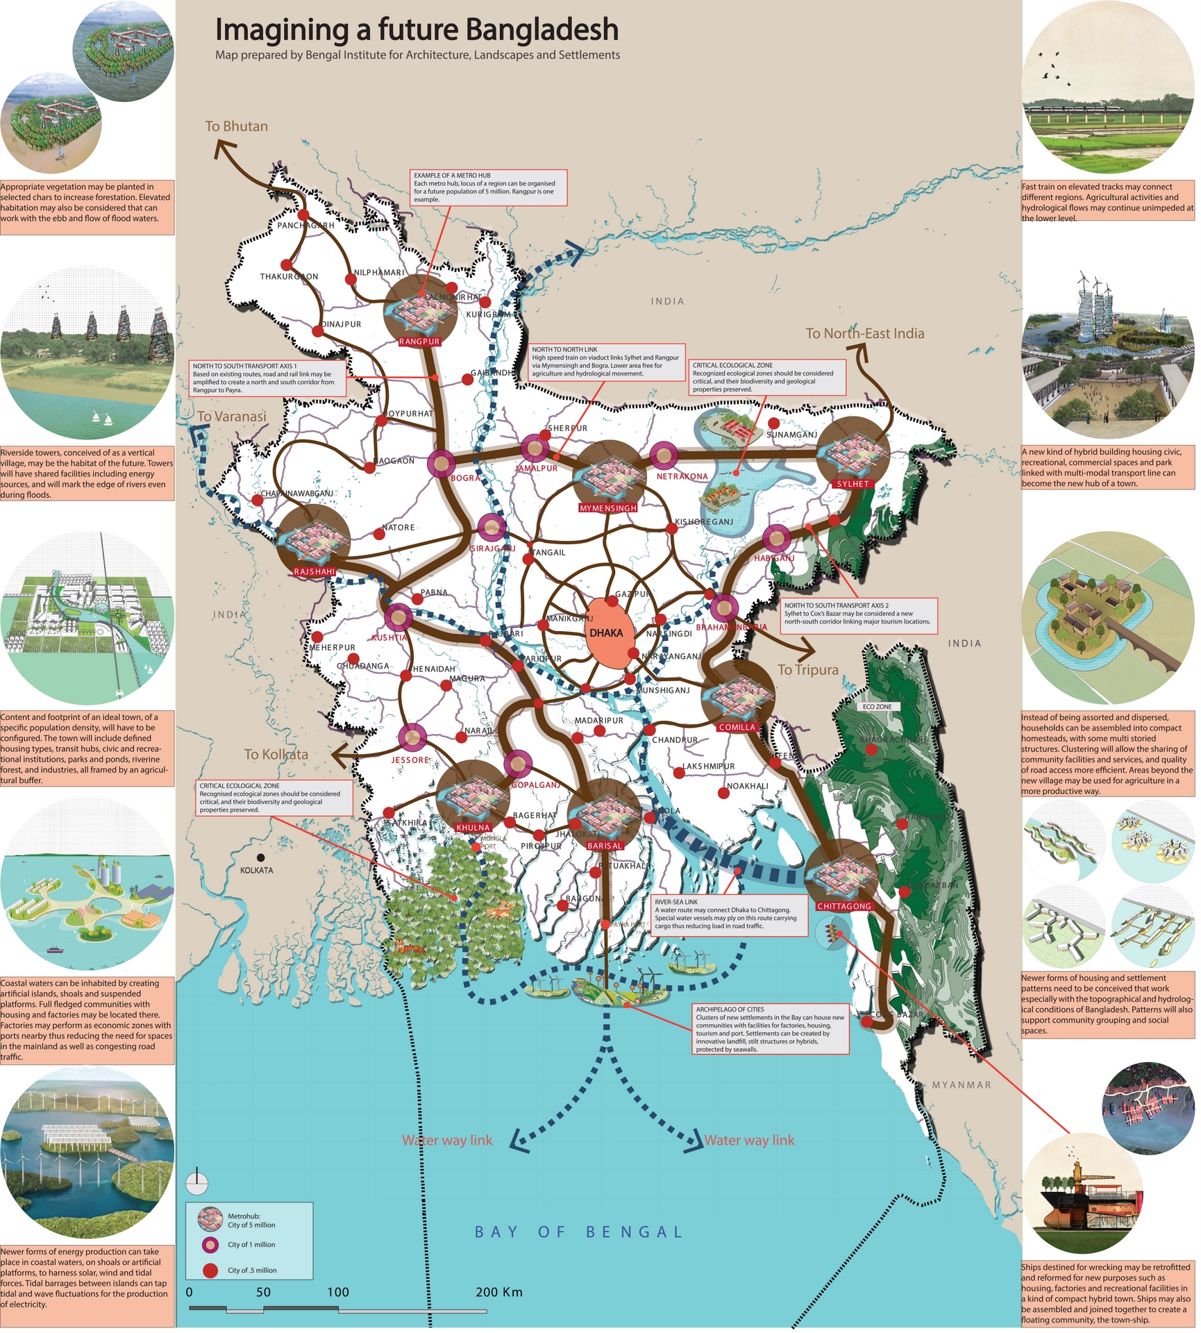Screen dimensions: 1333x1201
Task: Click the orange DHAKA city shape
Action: click(x=606, y=632)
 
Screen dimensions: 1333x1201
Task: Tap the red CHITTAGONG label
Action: click(x=843, y=907)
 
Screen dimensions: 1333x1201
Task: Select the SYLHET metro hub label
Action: click(x=853, y=484)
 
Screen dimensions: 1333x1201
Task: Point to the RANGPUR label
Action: click(x=419, y=342)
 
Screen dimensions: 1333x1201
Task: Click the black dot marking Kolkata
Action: click(x=261, y=858)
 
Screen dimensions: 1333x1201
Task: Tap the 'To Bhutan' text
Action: click(x=236, y=126)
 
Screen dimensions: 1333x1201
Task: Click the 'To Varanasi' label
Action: click(x=231, y=417)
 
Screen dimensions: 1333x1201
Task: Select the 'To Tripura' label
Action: click(x=807, y=670)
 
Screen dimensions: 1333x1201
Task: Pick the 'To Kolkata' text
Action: click(x=276, y=755)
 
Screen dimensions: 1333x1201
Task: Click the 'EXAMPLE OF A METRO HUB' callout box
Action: click(x=489, y=187)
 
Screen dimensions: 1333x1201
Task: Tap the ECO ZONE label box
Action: click(x=877, y=707)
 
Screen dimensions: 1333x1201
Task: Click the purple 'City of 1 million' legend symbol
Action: click(x=210, y=1245)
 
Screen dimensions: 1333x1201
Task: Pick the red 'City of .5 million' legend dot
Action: click(x=210, y=1271)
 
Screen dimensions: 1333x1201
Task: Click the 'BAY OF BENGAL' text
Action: click(x=578, y=1232)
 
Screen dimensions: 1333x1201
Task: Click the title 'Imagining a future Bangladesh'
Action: click(x=417, y=30)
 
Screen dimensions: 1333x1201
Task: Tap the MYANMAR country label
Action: click(x=961, y=1085)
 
